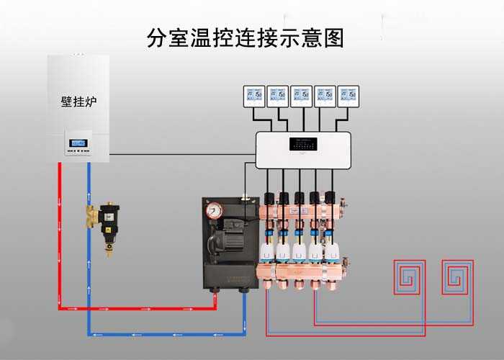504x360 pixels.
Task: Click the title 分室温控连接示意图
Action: click(x=245, y=38)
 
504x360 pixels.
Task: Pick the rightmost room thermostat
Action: click(x=348, y=96)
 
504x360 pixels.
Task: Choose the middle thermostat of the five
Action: click(x=302, y=96)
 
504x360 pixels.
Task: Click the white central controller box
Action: click(x=303, y=150)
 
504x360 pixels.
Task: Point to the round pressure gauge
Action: click(x=215, y=210)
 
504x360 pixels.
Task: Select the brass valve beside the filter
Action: click(x=90, y=215)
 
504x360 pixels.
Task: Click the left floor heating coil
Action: click(x=408, y=276)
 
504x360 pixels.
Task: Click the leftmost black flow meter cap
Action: click(x=269, y=197)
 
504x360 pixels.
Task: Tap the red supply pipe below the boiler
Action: click(x=59, y=238)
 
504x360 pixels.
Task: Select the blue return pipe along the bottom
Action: click(x=166, y=333)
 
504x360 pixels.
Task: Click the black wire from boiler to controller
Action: click(x=180, y=153)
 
